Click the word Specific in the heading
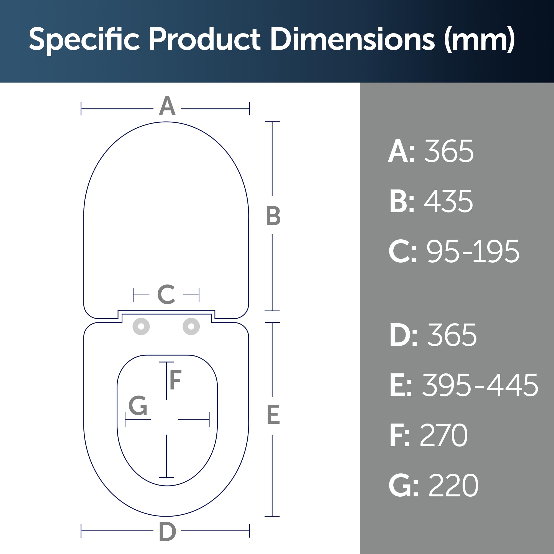click(84, 40)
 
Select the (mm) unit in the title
click(480, 40)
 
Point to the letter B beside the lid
click(273, 216)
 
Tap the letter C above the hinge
click(166, 294)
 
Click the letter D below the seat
click(167, 532)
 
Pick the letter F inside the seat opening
click(176, 380)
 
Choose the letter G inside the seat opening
click(138, 406)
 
